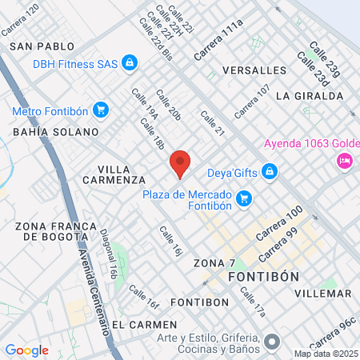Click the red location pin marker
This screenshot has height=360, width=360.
(180, 164)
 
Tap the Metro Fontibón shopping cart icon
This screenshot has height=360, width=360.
(100, 109)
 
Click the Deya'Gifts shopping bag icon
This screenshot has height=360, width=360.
(270, 170)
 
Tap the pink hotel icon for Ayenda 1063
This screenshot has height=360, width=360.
(345, 161)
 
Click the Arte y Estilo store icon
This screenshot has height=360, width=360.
(272, 342)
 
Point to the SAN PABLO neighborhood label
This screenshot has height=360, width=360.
(42, 47)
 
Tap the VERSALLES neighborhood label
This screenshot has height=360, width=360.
(254, 70)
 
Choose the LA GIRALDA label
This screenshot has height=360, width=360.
(308, 95)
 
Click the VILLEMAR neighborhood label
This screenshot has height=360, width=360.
(322, 294)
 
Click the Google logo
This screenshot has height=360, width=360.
(26, 350)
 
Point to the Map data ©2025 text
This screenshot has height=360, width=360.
(326, 354)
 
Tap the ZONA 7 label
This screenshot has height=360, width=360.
(214, 262)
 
